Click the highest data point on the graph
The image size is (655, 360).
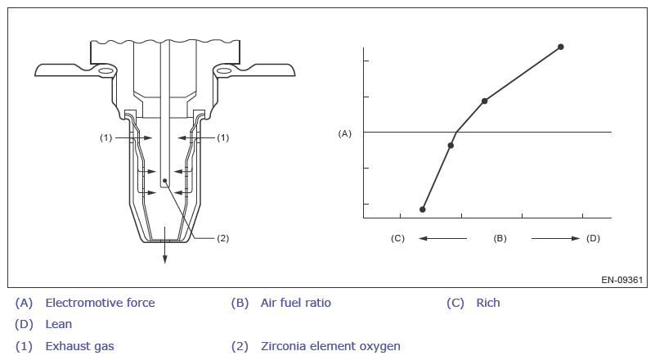pos(561,47)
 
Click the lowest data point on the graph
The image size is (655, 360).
pos(422,209)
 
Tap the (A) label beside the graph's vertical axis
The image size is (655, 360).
pos(344,133)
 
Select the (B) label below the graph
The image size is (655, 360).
pos(500,238)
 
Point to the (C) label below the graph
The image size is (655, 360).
pos(397,238)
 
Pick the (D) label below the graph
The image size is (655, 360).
pos(593,238)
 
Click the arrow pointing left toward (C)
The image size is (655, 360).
pos(442,238)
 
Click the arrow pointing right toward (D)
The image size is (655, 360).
pos(555,238)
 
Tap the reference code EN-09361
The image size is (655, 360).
pos(622,280)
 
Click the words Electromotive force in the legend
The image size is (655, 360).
pos(100,303)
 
